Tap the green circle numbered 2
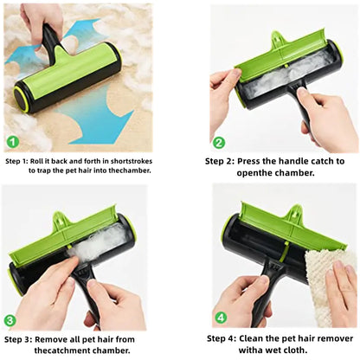tap(219, 143)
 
